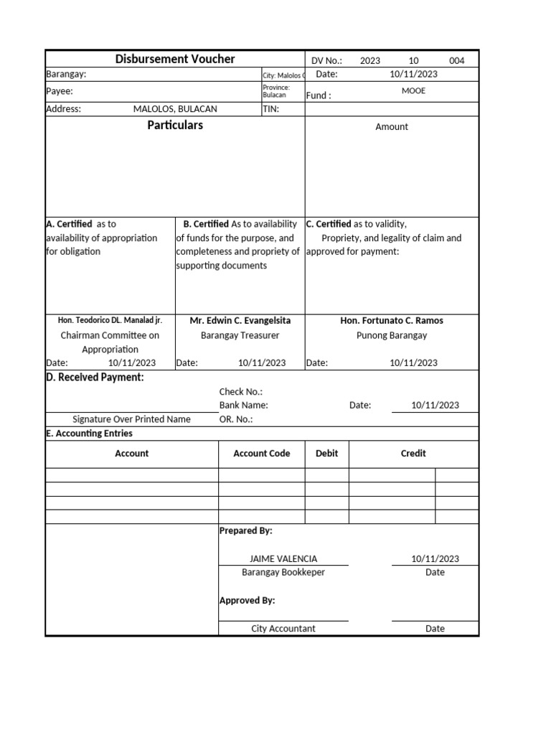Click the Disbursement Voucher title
click(175, 60)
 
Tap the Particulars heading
click(175, 126)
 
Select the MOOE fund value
click(413, 91)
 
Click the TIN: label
click(271, 109)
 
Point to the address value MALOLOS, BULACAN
click(175, 109)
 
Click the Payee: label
click(60, 92)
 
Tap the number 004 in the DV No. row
click(457, 61)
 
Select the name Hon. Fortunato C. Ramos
click(392, 321)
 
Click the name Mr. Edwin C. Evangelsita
click(240, 321)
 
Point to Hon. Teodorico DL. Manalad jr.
click(110, 321)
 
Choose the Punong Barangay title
click(392, 335)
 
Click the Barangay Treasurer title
click(240, 335)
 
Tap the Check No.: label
click(241, 392)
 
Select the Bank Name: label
click(244, 406)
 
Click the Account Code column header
click(262, 454)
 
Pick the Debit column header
click(327, 454)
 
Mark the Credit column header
click(413, 454)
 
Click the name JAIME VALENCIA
click(283, 559)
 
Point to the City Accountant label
click(283, 629)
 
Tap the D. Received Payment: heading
click(95, 378)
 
